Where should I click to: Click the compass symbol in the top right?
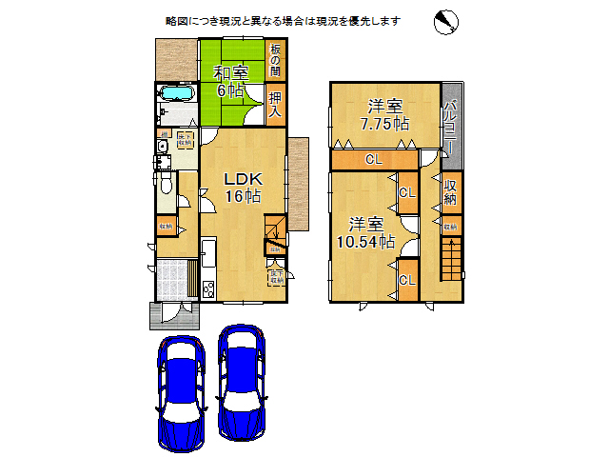447,22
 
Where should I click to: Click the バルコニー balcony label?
450,125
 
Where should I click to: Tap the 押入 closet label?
275,104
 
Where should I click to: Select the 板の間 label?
275,59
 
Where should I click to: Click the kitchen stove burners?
208,288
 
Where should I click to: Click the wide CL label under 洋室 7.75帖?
374,159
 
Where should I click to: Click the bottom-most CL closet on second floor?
406,280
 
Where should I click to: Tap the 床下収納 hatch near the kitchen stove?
275,277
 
